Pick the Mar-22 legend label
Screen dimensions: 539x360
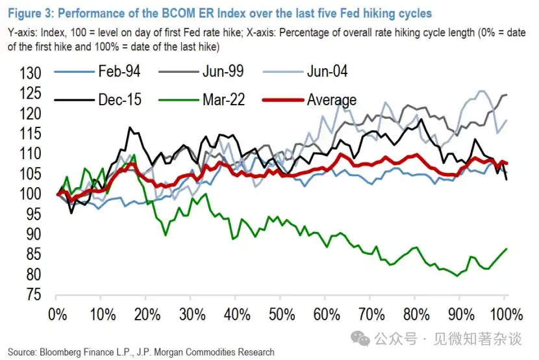click(224, 99)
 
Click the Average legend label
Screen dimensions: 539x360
click(332, 100)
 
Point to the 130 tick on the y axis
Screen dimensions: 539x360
click(31, 73)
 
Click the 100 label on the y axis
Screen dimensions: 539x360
click(31, 194)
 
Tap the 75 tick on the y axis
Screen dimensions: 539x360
click(34, 294)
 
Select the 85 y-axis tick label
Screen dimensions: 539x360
click(34, 255)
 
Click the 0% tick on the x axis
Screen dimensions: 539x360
click(57, 315)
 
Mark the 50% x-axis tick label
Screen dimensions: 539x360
click(282, 315)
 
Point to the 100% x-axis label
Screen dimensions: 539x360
click(507, 315)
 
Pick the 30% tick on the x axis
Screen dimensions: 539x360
click(192, 315)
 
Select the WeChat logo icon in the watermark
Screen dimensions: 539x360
click(360, 339)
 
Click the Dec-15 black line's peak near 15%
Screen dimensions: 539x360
click(130, 127)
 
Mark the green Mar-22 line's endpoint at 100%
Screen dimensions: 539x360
click(507, 249)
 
